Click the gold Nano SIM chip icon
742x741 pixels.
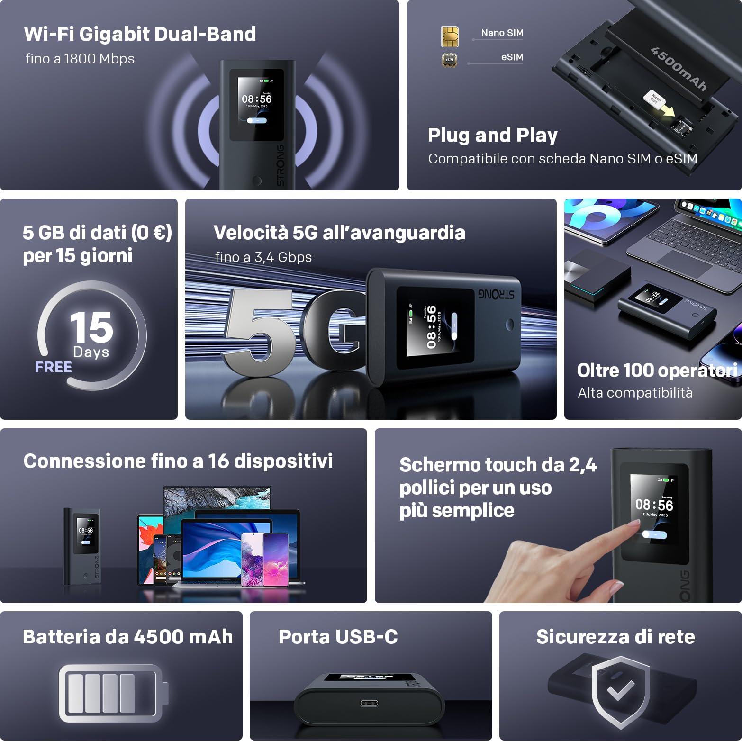coord(450,36)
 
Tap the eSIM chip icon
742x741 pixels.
coord(449,60)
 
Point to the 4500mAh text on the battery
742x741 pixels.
coord(679,69)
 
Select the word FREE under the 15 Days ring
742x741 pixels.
coord(54,367)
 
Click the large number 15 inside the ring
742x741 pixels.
coord(91,327)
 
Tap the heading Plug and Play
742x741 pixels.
coord(493,135)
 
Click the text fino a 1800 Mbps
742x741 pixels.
coord(80,59)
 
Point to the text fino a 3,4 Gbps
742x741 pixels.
coord(263,257)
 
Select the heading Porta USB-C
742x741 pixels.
coord(338,637)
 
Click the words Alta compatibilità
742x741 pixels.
coord(635,393)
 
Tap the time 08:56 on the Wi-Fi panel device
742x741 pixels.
coord(257,99)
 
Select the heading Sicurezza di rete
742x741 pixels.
coord(615,637)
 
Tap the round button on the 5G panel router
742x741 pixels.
coord(510,325)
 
